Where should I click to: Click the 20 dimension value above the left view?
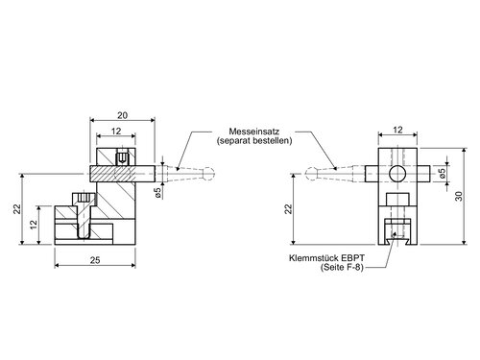click(x=122, y=115)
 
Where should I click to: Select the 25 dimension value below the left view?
click(x=95, y=260)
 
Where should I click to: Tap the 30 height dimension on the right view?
click(x=459, y=196)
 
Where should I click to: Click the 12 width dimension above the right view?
click(x=397, y=130)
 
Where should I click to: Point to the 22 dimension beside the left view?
click(x=17, y=209)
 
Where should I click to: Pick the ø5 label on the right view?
click(x=443, y=173)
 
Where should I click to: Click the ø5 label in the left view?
click(x=157, y=192)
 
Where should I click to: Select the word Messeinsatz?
click(x=254, y=132)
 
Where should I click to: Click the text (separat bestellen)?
click(x=254, y=141)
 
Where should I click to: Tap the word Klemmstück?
click(x=314, y=258)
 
